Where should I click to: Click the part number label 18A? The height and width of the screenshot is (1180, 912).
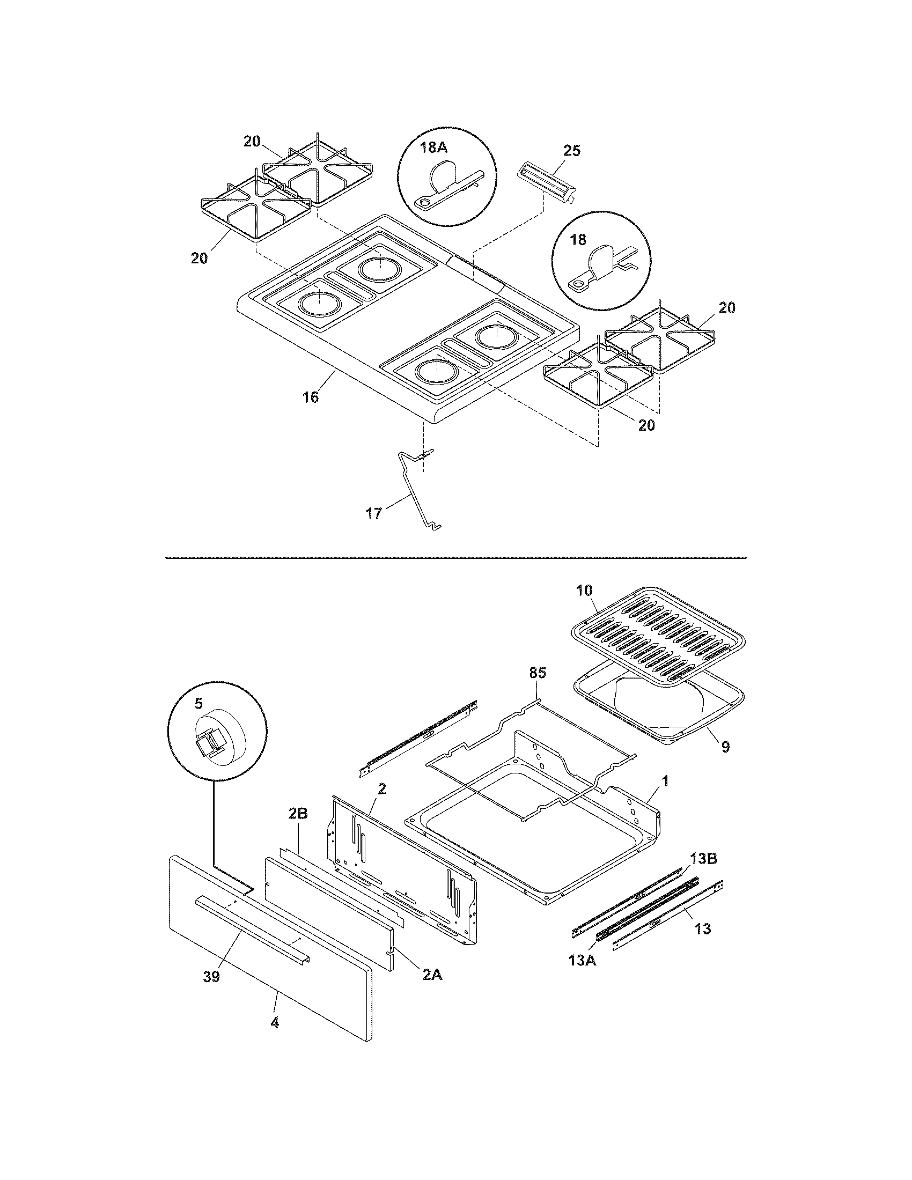(432, 147)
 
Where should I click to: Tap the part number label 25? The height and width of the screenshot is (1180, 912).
(572, 151)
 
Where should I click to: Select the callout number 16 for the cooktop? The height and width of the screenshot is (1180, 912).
(310, 397)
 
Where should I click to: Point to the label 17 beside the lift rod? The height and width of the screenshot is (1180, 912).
(374, 513)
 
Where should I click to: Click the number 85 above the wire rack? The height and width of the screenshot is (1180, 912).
(537, 673)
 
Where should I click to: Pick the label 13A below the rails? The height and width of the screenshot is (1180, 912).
(583, 960)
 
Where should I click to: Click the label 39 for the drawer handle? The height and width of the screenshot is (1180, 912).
(211, 977)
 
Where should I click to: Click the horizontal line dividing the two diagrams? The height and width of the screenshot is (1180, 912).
(455, 557)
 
